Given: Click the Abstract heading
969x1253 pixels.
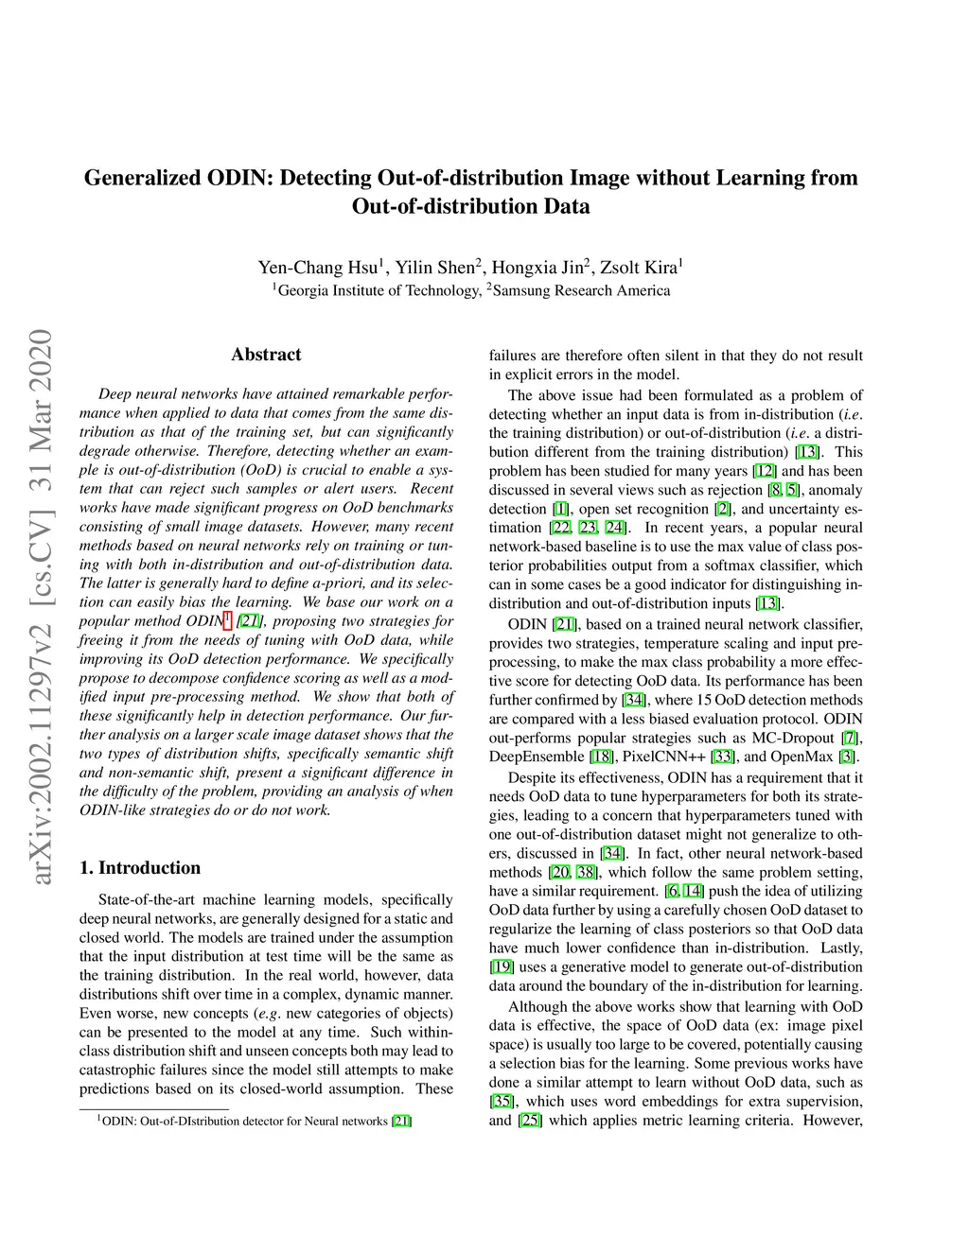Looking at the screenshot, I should click(x=266, y=355).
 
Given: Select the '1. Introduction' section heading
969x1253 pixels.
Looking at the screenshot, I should click(x=140, y=867).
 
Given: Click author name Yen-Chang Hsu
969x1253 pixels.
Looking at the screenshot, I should click(x=318, y=268).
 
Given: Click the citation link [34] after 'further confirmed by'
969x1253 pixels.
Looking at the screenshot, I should click(x=633, y=700).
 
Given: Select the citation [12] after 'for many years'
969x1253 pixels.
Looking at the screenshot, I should click(x=765, y=471).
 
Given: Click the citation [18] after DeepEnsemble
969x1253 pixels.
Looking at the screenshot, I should click(x=601, y=757).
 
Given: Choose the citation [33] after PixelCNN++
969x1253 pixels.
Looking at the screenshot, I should click(x=723, y=757).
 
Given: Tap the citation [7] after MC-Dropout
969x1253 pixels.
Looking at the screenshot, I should click(x=851, y=738).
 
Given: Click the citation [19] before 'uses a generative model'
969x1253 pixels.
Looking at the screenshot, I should click(x=502, y=966).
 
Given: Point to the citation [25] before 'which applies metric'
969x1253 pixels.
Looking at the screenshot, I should click(x=530, y=1121).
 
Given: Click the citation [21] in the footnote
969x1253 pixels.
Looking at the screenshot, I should click(x=401, y=1122).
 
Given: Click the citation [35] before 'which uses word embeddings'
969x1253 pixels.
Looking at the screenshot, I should click(x=502, y=1102).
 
